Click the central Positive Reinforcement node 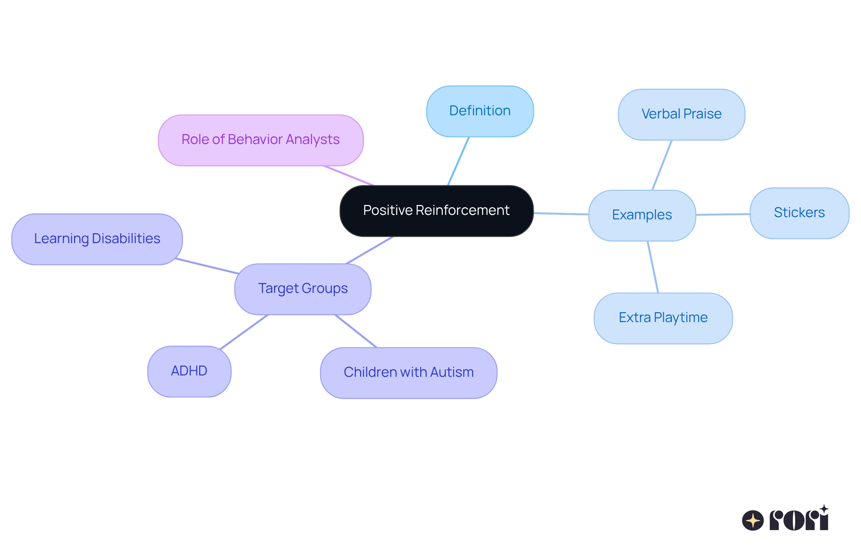coord(436,210)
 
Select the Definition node coord(480,111)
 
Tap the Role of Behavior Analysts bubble coord(261,140)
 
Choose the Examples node coord(642,215)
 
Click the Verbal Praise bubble coord(681,114)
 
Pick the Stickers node coord(799,213)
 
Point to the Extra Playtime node coord(663,318)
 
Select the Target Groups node coord(303,288)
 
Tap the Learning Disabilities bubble coord(97,239)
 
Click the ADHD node coord(189,371)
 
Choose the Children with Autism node coord(409,372)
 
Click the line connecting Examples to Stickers coord(722,214)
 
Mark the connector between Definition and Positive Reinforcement coord(458,161)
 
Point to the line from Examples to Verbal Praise coord(662,165)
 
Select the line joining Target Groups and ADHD coord(244,331)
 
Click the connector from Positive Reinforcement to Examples coord(561,214)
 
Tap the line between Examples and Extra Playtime coord(653,267)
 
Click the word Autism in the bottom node coord(452,372)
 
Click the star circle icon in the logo coord(752,520)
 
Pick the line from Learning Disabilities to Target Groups coord(207,266)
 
